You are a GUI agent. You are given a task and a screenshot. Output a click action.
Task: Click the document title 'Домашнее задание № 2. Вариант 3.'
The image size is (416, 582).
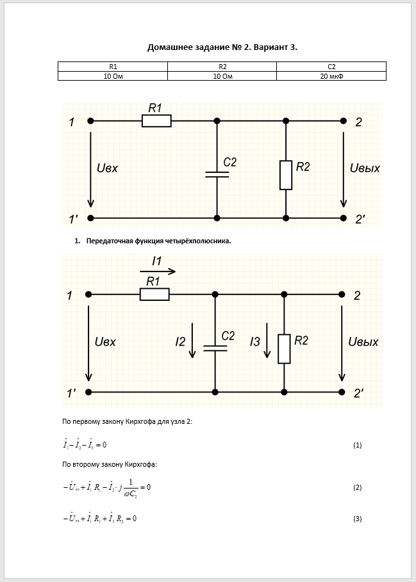point(222,47)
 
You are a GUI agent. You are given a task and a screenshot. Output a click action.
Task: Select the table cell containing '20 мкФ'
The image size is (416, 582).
point(331,76)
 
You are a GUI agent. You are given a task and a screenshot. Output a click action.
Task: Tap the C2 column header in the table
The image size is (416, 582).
point(331,67)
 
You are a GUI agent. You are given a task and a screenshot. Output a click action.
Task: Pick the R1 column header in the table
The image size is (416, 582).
point(113,67)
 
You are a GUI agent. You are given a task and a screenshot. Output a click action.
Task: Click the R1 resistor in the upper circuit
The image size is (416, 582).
point(156,120)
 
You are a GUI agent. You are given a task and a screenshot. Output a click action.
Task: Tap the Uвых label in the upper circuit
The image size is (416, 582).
point(365,168)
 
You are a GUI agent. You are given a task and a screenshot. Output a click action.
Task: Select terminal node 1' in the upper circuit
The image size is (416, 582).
point(90,218)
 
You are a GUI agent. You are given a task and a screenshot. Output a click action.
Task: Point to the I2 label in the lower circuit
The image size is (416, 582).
point(181,343)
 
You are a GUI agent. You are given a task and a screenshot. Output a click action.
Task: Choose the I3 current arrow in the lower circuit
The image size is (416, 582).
point(267,346)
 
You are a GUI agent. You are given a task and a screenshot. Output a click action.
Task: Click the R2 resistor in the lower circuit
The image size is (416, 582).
point(284,348)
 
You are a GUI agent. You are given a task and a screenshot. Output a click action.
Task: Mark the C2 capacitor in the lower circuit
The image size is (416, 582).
point(215,348)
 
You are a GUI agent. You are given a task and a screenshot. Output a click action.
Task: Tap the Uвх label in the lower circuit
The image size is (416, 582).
point(105,341)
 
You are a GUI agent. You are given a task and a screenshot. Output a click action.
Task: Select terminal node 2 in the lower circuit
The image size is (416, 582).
point(340,295)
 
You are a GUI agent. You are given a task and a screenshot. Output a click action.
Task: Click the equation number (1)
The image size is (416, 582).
point(358,445)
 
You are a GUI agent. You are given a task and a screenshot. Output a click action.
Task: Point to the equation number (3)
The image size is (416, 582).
point(358,519)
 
